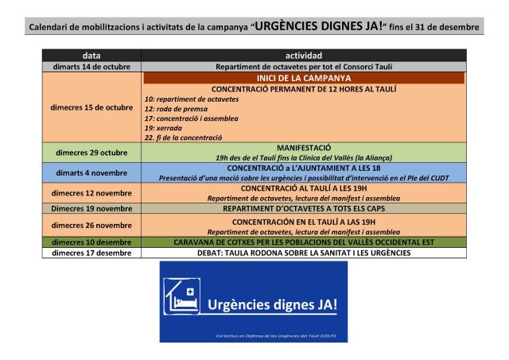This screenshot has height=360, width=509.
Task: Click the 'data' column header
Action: (x=91, y=56)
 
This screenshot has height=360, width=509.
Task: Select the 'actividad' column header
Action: (x=304, y=56)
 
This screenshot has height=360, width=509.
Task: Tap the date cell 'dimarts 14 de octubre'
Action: (x=91, y=68)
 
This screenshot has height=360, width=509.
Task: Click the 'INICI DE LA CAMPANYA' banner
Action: (x=304, y=79)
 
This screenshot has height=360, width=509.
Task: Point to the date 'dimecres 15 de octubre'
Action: (x=91, y=107)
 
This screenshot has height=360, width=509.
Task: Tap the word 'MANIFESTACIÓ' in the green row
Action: (x=304, y=148)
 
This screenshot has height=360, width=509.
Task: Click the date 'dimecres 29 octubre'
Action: (x=91, y=153)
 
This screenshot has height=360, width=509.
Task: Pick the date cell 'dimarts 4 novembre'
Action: (x=91, y=172)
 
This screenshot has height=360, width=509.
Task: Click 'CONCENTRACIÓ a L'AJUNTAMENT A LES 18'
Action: (x=304, y=168)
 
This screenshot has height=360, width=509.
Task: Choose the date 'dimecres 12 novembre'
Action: (x=91, y=192)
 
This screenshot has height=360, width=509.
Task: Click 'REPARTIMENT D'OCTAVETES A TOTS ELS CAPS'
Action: (x=304, y=208)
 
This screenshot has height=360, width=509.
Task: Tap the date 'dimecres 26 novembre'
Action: (x=91, y=225)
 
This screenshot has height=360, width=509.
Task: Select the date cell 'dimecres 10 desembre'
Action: (x=91, y=242)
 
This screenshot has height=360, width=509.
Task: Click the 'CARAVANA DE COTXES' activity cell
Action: (x=304, y=242)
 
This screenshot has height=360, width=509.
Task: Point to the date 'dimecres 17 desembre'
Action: (x=91, y=253)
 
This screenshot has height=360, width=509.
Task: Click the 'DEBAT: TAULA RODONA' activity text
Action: (x=304, y=253)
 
